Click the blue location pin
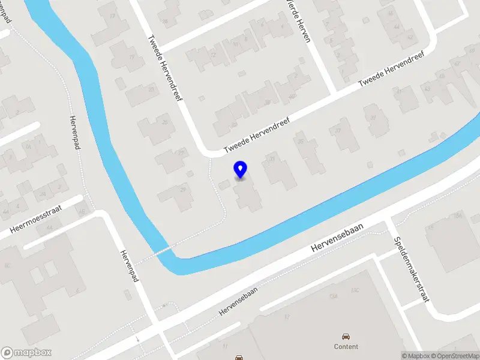[240, 170]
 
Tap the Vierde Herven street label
[299, 20]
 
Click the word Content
[346, 346]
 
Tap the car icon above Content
[346, 336]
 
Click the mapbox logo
[26, 352]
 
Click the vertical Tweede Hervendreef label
[165, 66]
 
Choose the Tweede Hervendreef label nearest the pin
[257, 135]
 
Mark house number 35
[301, 142]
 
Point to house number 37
[338, 130]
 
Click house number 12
[213, 56]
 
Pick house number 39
[373, 117]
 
